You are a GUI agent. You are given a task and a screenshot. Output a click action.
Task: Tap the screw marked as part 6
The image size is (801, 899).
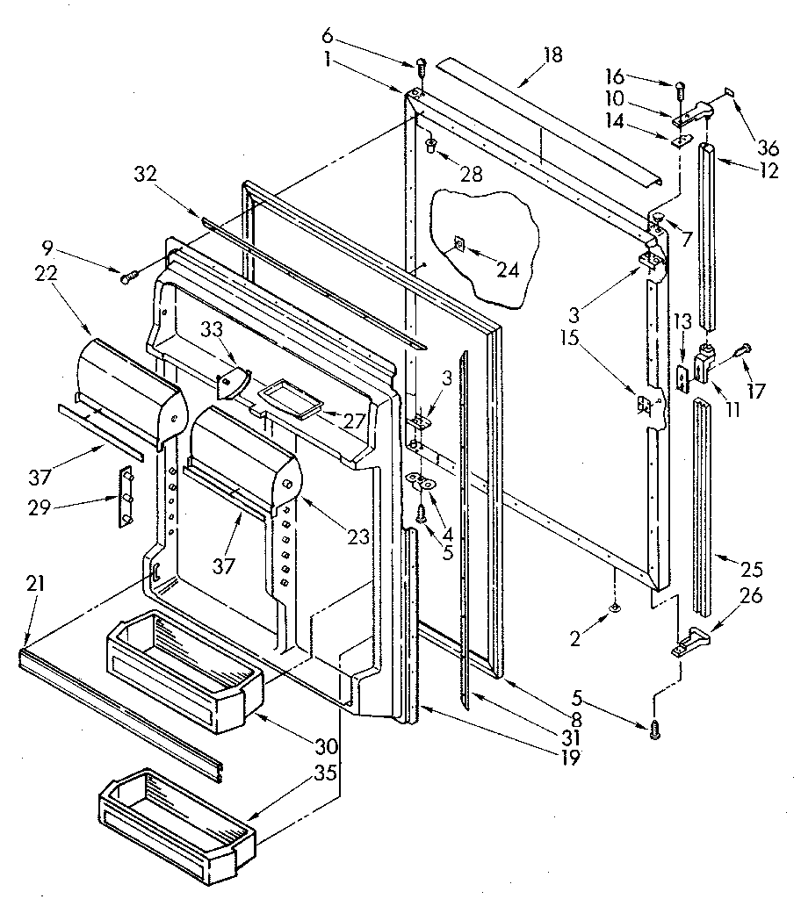(419, 65)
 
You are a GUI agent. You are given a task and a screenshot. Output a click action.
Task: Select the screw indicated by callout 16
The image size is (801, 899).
(680, 87)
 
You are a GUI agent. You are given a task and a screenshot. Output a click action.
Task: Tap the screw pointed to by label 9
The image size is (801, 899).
(128, 277)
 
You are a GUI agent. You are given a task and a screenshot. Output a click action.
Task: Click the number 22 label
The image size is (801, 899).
(48, 274)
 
